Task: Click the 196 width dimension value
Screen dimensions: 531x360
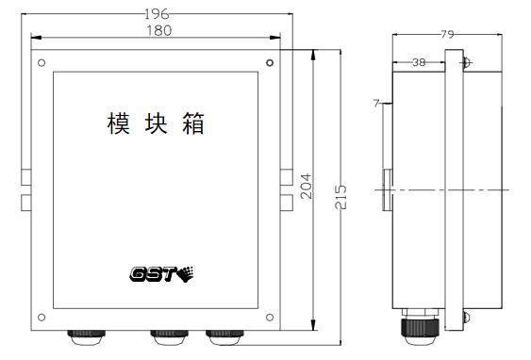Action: coord(157,14)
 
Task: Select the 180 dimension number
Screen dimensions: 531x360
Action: coord(159,31)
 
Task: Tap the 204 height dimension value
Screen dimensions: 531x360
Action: coord(307,186)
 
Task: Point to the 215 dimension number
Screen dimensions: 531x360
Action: coord(340,197)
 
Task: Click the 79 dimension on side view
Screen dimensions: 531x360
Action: coord(447,34)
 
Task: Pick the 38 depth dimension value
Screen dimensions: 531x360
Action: coord(419,62)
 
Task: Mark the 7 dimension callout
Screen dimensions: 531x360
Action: coord(376,104)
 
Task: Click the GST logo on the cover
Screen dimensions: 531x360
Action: coord(161,274)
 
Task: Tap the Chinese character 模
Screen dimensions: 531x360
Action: coord(119,123)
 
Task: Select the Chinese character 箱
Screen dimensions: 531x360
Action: coord(193,123)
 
